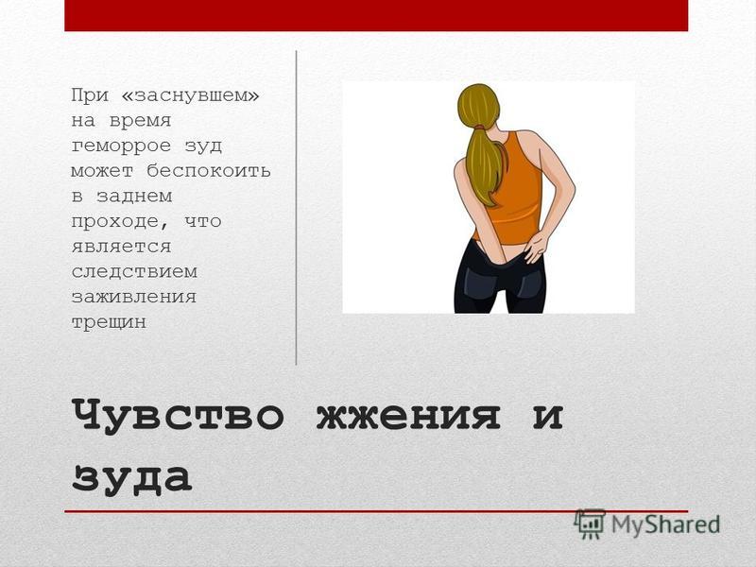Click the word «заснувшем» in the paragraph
click(191, 95)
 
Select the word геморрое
click(121, 146)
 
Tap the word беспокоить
click(209, 171)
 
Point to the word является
click(122, 247)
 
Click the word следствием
click(134, 271)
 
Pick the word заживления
click(134, 297)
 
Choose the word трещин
click(109, 322)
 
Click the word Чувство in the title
click(178, 415)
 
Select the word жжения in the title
click(408, 416)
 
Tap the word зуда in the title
click(131, 477)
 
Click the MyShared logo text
click(666, 524)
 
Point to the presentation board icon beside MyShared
click(590, 524)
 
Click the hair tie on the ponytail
click(479, 127)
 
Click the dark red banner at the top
click(376, 15)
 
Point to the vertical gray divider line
click(296, 207)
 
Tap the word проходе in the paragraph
click(121, 221)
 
